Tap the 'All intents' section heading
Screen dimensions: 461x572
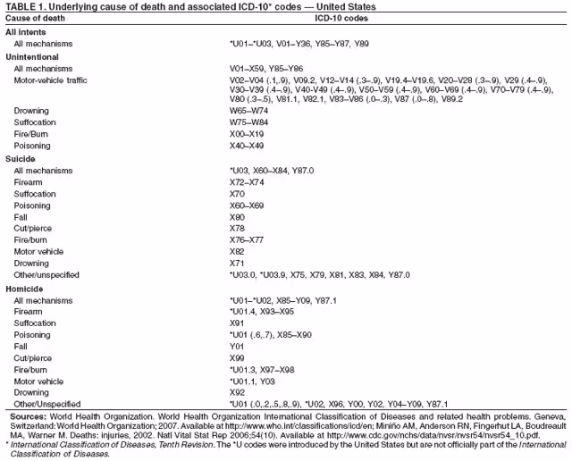click(27, 31)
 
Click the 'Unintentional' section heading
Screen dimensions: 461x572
click(33, 55)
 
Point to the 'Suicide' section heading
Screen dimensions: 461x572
click(21, 158)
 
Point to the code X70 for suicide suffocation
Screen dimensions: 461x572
click(238, 192)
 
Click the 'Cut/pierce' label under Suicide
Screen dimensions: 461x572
click(34, 228)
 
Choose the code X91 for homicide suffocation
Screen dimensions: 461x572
click(238, 323)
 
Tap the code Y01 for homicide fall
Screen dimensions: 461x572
click(238, 346)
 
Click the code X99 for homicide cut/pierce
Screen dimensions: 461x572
click(238, 357)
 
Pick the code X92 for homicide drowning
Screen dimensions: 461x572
click(238, 391)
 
